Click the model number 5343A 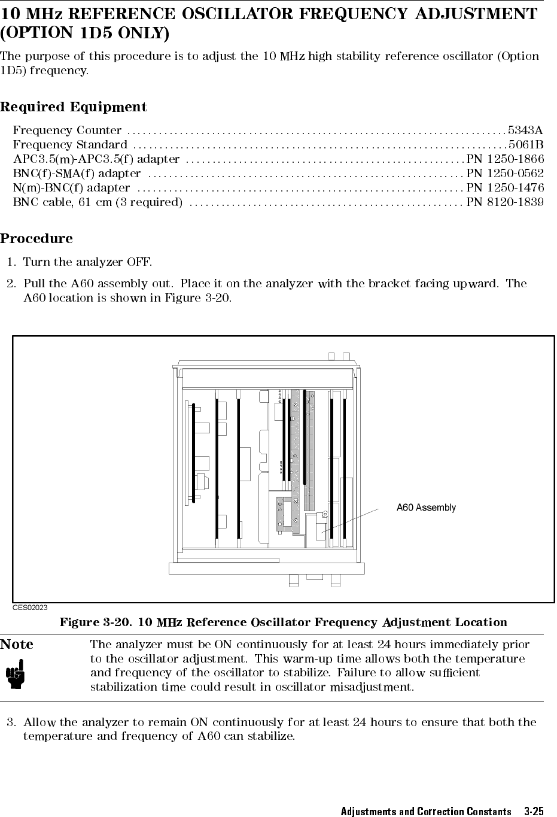pyautogui.click(x=525, y=130)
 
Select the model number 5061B pyautogui.click(x=525, y=145)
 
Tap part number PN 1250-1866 pyautogui.click(x=505, y=159)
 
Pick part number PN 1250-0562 pyautogui.click(x=505, y=174)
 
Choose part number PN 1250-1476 pyautogui.click(x=505, y=188)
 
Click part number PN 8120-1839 pyautogui.click(x=505, y=202)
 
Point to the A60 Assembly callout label pyautogui.click(x=426, y=508)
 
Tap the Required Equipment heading pyautogui.click(x=74, y=108)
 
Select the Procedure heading pyautogui.click(x=36, y=239)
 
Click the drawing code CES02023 pyautogui.click(x=31, y=608)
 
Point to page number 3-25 pyautogui.click(x=533, y=812)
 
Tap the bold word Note pyautogui.click(x=17, y=645)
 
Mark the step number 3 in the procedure pyautogui.click(x=10, y=722)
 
